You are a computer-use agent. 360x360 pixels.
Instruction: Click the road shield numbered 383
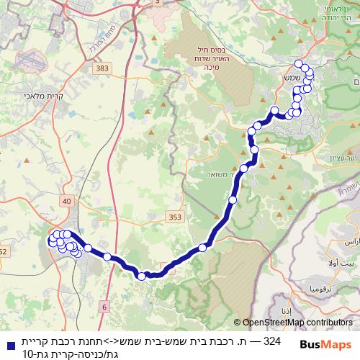[x=102, y=67]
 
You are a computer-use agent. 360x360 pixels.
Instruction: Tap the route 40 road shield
[x=67, y=202]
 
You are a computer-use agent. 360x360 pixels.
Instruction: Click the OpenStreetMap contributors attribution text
[x=294, y=323]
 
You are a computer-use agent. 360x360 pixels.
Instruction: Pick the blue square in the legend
[x=6, y=346]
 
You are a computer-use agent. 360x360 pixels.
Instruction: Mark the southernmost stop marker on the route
[x=142, y=276]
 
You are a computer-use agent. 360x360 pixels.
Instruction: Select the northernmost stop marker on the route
[x=299, y=64]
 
